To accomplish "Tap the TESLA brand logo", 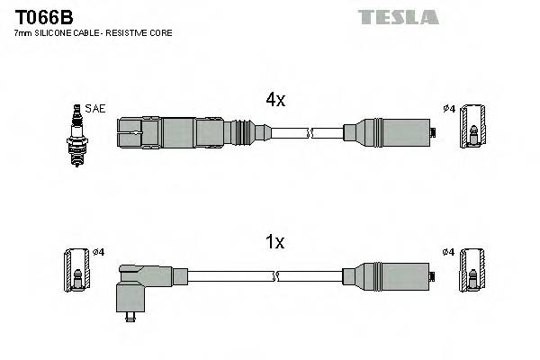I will [397, 17].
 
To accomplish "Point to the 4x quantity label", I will [274, 101].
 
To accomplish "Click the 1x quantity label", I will [274, 242].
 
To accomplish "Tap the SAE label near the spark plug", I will [95, 109].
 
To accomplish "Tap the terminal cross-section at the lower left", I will [76, 271].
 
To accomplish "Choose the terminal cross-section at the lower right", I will [472, 271].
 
